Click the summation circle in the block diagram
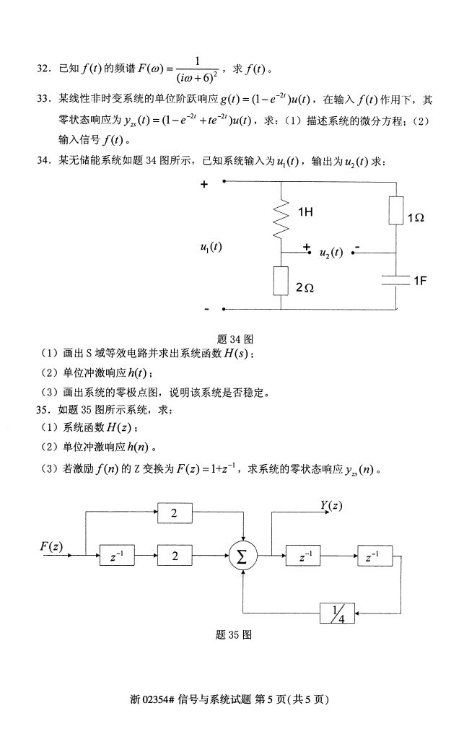point(242,556)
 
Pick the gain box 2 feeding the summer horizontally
point(174,556)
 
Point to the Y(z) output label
point(331,506)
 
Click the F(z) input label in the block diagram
point(51,546)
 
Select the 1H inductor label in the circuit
point(305,213)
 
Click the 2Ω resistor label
point(305,287)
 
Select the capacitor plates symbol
point(395,280)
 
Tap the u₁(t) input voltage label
point(211,247)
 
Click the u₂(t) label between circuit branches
point(331,253)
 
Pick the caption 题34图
point(234,338)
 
